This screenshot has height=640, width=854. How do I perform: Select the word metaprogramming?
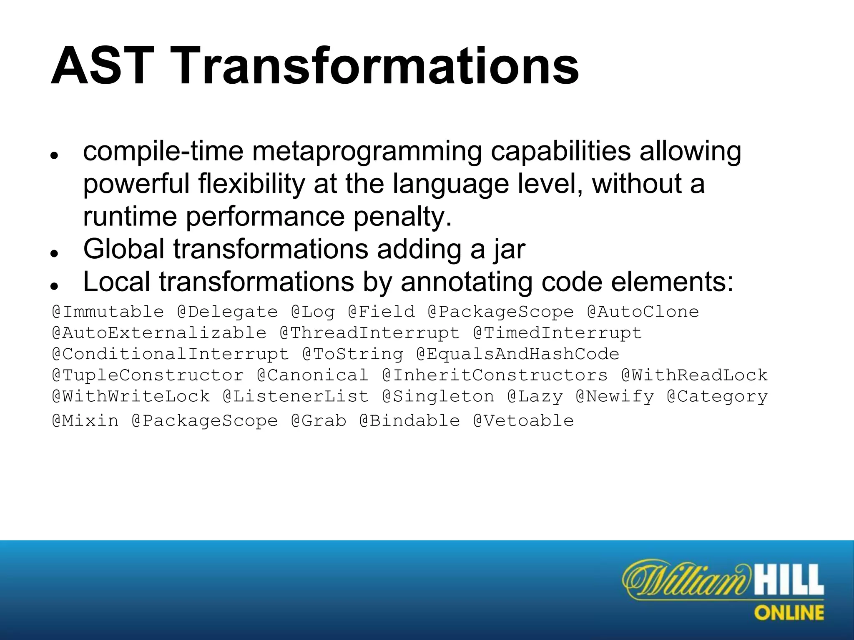[367, 152]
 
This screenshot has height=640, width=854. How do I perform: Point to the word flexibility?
[252, 184]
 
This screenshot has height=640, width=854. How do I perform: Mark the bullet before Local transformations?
[53, 286]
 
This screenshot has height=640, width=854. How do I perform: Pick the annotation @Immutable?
[108, 312]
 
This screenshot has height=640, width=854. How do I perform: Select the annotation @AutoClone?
[643, 312]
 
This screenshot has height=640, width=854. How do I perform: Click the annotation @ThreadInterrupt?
[370, 333]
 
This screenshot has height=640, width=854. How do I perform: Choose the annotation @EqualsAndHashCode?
[517, 355]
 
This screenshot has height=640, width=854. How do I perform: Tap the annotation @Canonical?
[313, 375]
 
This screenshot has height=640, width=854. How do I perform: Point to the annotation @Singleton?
[438, 396]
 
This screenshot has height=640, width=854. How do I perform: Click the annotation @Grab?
[319, 421]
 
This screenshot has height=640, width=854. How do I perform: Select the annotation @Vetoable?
[523, 421]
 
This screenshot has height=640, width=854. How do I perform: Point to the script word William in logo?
[684, 580]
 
